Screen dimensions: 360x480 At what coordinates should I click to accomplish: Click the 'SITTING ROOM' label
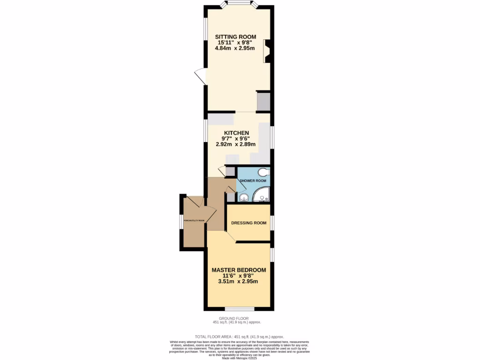pyautogui.click(x=235, y=37)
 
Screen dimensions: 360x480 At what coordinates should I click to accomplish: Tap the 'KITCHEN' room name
pyautogui.click(x=236, y=133)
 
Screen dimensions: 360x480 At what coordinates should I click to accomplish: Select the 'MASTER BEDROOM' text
pyautogui.click(x=239, y=270)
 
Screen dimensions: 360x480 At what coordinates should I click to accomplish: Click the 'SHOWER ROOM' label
pyautogui.click(x=253, y=180)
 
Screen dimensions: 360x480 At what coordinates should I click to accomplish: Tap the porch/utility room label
pyautogui.click(x=194, y=220)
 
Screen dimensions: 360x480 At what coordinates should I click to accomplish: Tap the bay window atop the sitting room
pyautogui.click(x=240, y=5)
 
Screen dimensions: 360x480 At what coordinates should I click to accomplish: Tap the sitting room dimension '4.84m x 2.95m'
pyautogui.click(x=235, y=48)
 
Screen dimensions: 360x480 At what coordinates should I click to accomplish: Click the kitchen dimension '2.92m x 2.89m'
pyautogui.click(x=236, y=144)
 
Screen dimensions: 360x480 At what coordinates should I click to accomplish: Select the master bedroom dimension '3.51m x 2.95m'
pyautogui.click(x=238, y=282)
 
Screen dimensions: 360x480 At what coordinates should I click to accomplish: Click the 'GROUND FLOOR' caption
pyautogui.click(x=237, y=318)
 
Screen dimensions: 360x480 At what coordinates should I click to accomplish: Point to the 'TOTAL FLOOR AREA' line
pyautogui.click(x=240, y=337)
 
